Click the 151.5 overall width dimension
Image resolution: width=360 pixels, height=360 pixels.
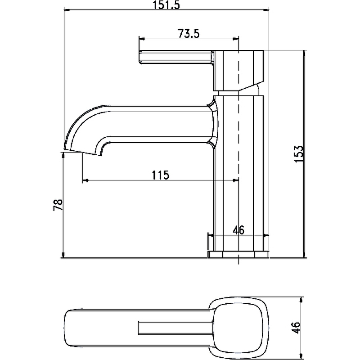pyautogui.click(x=166, y=5)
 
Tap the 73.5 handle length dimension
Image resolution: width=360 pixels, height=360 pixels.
pyautogui.click(x=189, y=34)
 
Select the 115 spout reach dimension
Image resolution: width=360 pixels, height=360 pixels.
pyautogui.click(x=160, y=175)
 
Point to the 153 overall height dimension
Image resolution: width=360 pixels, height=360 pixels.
pyautogui.click(x=299, y=154)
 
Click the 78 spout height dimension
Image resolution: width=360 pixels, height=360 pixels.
pyautogui.click(x=58, y=205)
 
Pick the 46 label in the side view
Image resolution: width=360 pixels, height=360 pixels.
pyautogui.click(x=238, y=230)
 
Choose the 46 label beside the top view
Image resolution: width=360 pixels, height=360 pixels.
pyautogui.click(x=296, y=328)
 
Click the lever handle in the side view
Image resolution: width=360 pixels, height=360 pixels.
pyautogui.click(x=176, y=57)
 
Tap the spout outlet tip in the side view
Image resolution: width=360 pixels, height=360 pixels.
pyautogui.click(x=83, y=152)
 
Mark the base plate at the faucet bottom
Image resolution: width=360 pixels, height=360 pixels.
pyautogui.click(x=238, y=254)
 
